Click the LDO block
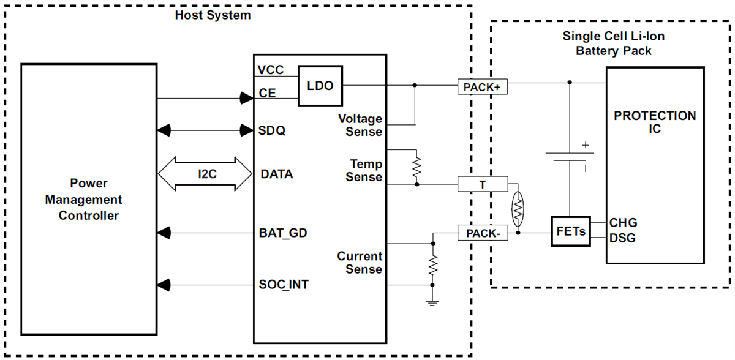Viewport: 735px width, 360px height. [320, 86]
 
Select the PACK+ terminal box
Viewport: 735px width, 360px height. [482, 88]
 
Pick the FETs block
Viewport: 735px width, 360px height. [571, 231]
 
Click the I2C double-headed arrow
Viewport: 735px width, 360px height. [205, 174]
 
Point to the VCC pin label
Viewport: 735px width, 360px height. [271, 70]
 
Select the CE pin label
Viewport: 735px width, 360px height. [267, 94]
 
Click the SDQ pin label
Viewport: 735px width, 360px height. [272, 130]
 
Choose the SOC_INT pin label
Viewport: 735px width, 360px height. [284, 285]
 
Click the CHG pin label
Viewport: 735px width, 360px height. [623, 223]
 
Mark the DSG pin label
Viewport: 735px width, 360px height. [623, 238]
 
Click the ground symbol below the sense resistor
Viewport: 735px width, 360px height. [433, 302]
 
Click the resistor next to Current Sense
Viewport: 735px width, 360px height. [433, 265]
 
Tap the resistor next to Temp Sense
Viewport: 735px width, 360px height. [417, 166]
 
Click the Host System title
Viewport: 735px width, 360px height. [213, 15]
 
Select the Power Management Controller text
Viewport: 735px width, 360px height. [89, 200]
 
